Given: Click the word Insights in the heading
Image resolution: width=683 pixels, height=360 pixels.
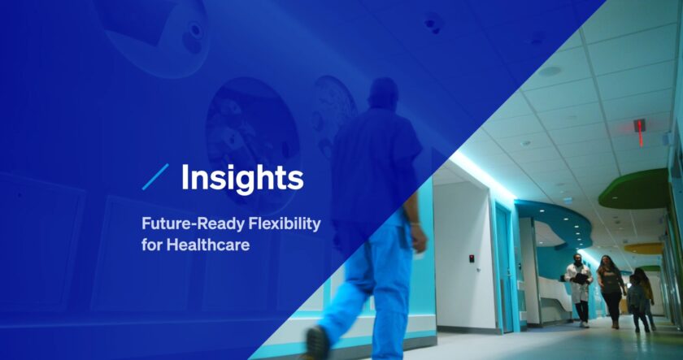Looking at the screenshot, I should [x=241, y=177].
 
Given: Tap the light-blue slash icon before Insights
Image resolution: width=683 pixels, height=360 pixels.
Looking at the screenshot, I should [x=155, y=177].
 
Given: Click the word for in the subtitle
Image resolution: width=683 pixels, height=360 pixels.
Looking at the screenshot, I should [x=152, y=244].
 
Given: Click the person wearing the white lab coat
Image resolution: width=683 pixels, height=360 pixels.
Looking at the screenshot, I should [x=579, y=288].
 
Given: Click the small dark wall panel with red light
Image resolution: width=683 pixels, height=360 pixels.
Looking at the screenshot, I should [x=471, y=258].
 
